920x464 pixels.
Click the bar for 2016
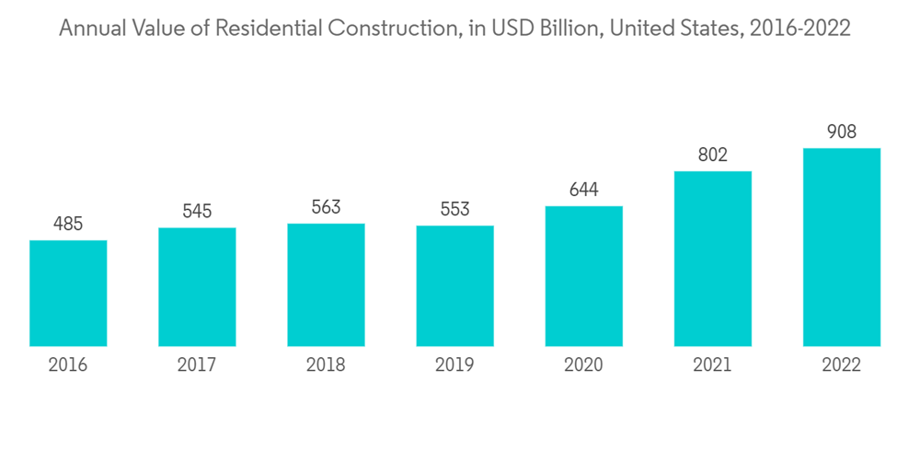(68, 294)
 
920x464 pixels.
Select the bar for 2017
(197, 287)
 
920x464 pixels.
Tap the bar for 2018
(326, 285)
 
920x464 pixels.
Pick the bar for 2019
(454, 286)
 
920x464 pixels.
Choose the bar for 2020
(583, 276)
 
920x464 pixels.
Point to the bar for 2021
(712, 259)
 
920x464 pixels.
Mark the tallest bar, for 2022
(841, 248)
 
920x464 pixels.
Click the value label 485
(68, 224)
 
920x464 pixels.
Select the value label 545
(197, 212)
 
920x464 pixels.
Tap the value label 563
(326, 207)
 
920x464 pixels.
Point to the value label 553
(454, 209)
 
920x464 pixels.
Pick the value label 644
(583, 190)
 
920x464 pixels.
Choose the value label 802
(712, 155)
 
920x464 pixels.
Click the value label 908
(841, 132)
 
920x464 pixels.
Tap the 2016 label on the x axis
(68, 365)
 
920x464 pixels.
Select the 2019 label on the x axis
(454, 365)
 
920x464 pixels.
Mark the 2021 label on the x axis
(712, 365)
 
